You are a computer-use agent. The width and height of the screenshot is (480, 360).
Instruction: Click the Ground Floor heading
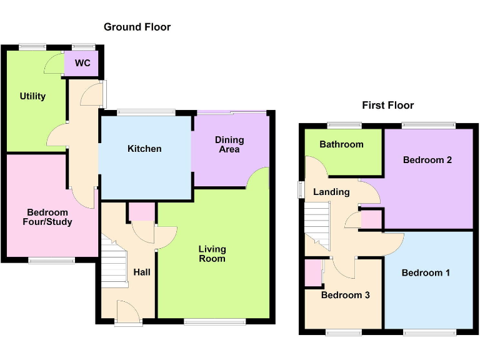tap(137, 27)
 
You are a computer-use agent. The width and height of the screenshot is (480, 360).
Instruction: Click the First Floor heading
tap(387, 105)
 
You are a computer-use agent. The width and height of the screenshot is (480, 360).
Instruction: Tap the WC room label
tap(82, 63)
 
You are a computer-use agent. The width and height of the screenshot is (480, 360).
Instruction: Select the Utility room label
tap(32, 96)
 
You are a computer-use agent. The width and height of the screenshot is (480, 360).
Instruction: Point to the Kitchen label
tap(144, 148)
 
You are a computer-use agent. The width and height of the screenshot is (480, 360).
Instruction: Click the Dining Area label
tap(228, 144)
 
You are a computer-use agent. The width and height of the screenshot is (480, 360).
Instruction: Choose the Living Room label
tap(212, 254)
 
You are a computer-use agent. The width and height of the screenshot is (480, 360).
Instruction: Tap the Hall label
tap(142, 272)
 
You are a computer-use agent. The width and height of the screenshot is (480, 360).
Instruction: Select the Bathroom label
tap(341, 144)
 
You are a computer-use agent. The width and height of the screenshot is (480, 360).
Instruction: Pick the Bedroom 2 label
tap(427, 160)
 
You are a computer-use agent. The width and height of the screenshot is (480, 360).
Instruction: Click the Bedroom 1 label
tap(426, 273)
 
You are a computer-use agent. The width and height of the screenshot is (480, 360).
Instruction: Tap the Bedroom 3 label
tap(346, 295)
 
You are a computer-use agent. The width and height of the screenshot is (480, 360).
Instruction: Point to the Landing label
tap(331, 192)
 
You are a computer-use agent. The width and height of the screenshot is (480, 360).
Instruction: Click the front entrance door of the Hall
tap(128, 312)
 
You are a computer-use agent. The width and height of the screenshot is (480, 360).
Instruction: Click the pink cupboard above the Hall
tap(142, 212)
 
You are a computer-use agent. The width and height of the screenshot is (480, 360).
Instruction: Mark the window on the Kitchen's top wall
tap(146, 112)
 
